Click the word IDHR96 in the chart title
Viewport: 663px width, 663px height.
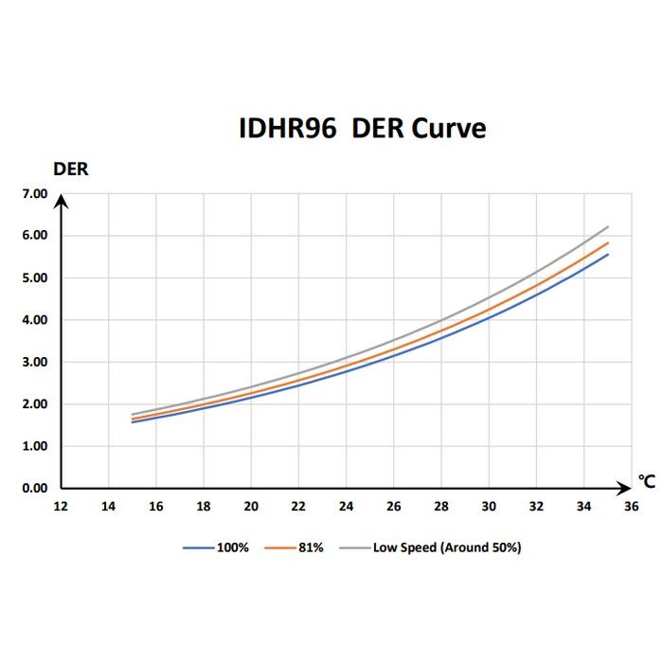(x=288, y=129)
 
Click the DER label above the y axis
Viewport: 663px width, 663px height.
(x=70, y=170)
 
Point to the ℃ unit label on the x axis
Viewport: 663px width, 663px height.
(x=646, y=483)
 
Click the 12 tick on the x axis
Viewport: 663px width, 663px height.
(x=61, y=507)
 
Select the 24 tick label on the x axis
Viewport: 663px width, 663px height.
(x=346, y=507)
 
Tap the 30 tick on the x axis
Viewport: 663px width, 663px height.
(x=488, y=507)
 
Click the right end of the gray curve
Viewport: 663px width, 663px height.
(x=606, y=226)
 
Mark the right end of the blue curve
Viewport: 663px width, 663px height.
(x=606, y=254)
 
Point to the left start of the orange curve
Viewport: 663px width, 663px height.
(x=133, y=418)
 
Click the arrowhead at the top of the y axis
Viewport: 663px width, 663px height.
(x=61, y=198)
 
